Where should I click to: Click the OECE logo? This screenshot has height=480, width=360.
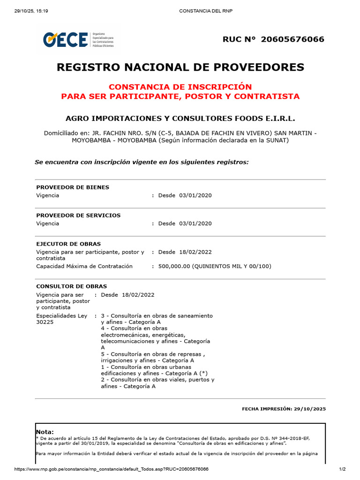click(66, 39)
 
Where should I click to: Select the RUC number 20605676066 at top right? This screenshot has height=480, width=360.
click(293, 39)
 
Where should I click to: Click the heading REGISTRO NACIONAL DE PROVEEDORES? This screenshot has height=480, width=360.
click(180, 67)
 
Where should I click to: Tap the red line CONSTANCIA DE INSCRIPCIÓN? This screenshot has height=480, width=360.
click(180, 87)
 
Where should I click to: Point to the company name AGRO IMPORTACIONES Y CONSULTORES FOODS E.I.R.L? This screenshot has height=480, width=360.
click(180, 119)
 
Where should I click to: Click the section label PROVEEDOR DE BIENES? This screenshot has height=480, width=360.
click(73, 187)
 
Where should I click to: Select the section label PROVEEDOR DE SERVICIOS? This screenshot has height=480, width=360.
click(78, 215)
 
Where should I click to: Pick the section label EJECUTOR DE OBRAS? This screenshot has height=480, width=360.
click(68, 244)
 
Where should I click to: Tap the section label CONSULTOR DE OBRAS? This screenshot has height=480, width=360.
click(71, 286)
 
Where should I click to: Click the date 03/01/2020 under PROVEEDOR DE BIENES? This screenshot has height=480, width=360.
click(195, 195)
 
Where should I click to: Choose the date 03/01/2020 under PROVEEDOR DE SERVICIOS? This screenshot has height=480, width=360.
click(195, 223)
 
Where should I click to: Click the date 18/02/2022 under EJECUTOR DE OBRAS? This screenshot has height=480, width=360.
click(195, 252)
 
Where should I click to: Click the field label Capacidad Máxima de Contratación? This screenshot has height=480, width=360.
click(84, 266)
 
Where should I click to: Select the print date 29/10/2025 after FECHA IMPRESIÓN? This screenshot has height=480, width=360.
click(310, 409)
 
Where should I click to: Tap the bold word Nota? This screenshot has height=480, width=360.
click(45, 432)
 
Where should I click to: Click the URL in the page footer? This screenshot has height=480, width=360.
click(112, 469)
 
